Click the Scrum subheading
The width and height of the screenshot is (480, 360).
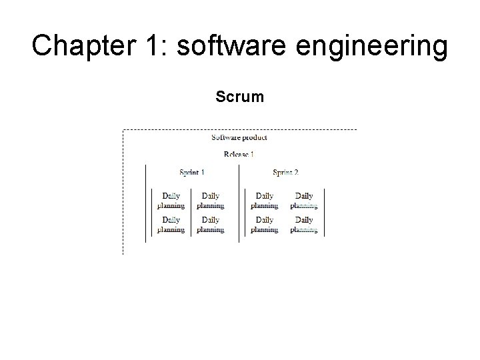point(240,97)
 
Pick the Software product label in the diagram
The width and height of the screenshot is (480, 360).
point(239,137)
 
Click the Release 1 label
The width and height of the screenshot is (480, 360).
point(239,155)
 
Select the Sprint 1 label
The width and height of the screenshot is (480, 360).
point(192,172)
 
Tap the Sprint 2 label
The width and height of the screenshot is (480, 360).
point(285,172)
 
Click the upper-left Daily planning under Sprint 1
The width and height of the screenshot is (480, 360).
point(171,201)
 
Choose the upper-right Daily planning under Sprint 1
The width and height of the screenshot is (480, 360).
point(211,201)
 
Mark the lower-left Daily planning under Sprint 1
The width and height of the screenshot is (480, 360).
point(171,225)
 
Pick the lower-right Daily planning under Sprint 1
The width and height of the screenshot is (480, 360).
point(211,225)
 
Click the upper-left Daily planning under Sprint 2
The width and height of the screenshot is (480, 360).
point(265,201)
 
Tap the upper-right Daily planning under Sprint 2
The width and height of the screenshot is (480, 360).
point(304,201)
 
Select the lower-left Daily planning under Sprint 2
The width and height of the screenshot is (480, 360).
point(265,225)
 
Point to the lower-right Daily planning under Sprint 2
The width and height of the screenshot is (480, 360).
point(304,225)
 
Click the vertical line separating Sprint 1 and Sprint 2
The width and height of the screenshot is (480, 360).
point(239,200)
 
